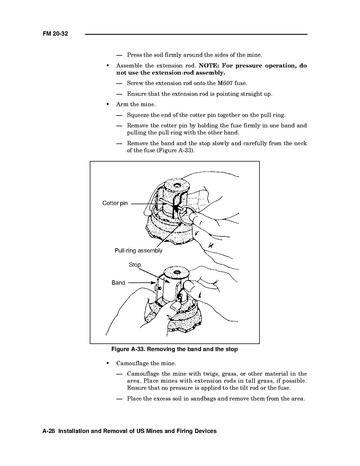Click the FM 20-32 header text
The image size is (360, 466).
[55, 34]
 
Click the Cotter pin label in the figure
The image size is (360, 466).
[115, 203]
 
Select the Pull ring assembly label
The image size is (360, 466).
[138, 250]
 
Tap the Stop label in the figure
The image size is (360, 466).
[135, 265]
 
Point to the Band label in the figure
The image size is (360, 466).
[118, 283]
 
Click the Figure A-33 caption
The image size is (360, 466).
[174, 349]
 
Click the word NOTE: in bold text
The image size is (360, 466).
[209, 66]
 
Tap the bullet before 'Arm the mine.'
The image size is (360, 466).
[108, 104]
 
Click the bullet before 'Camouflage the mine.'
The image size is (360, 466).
[108, 363]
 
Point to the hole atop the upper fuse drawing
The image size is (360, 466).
[177, 183]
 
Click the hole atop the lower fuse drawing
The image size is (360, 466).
[177, 272]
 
